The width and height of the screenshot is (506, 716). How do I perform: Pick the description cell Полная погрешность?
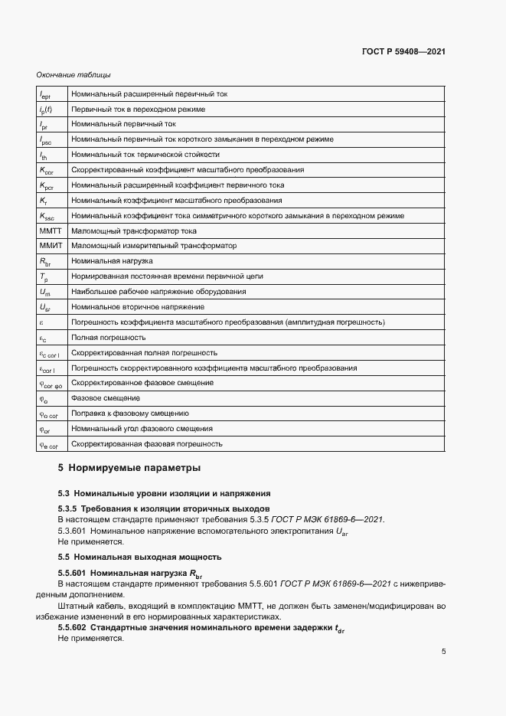(108, 337)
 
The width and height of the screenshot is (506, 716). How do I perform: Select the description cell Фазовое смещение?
(105, 398)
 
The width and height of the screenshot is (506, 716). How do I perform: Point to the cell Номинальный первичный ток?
(123, 124)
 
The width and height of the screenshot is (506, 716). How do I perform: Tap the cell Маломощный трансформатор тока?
(133, 230)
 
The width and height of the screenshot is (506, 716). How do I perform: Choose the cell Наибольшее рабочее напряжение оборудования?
(158, 292)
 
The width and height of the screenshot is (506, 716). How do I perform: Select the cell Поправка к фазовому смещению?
(129, 414)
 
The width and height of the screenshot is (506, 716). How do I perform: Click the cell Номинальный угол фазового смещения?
(142, 429)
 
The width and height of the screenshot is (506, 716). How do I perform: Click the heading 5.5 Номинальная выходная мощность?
(139, 557)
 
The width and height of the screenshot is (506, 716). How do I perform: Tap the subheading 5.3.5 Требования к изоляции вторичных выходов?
(164, 508)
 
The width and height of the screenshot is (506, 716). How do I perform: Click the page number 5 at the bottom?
(444, 652)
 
